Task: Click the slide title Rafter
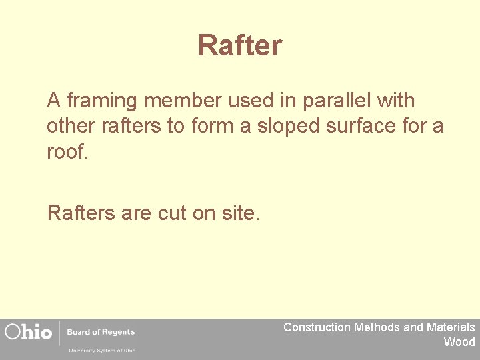240,46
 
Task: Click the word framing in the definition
101,101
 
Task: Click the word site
242,213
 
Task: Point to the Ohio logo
28,332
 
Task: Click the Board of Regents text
101,332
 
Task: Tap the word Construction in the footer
317,327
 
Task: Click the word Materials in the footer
451,327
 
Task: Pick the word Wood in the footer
459,342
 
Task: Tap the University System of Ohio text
101,350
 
